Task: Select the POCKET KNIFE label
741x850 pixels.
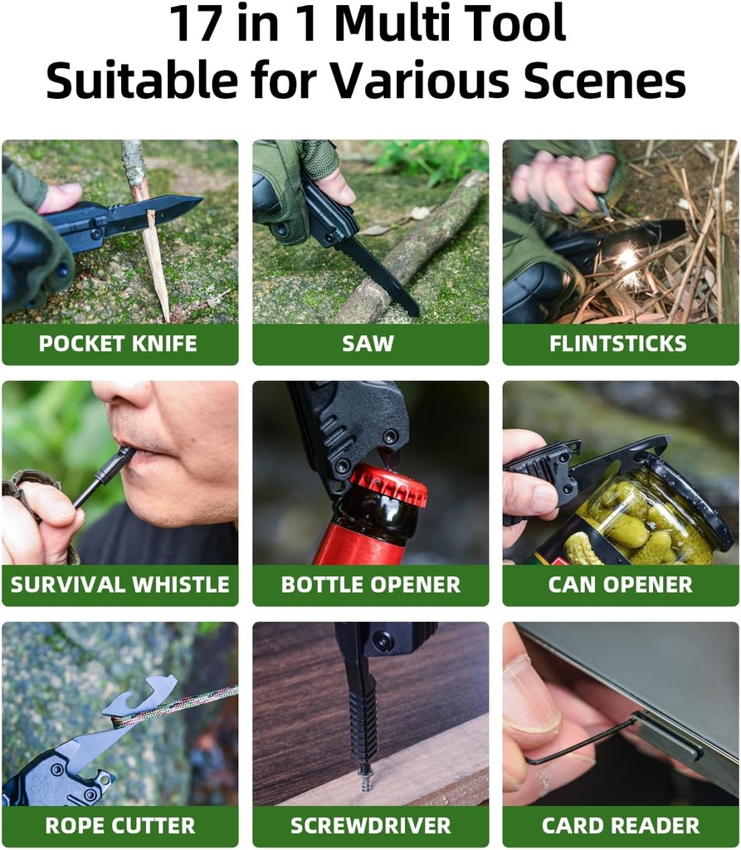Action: pos(119,344)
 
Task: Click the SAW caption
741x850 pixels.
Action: pos(368,344)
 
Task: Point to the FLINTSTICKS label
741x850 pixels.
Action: pos(619,344)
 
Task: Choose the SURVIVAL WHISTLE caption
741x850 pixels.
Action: pos(119,584)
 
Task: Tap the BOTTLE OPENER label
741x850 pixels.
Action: pos(370,584)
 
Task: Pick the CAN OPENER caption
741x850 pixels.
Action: pos(620,584)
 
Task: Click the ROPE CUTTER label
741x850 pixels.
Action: pos(119,826)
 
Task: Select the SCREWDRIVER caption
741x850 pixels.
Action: pos(370,826)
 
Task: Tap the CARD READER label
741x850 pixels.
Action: pos(620,826)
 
